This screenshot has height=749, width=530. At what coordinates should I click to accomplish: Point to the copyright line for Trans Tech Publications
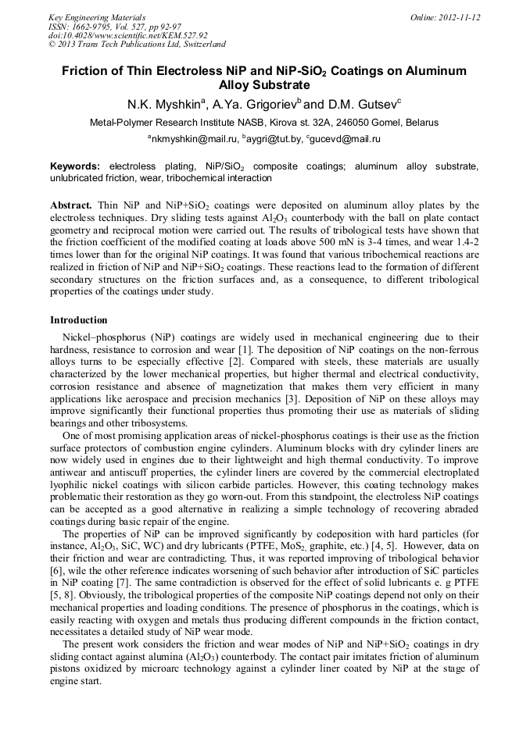(x=137, y=45)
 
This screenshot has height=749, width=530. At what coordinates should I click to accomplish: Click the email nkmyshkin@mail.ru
(x=193, y=139)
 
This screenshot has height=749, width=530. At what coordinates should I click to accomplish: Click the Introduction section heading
(x=78, y=320)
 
